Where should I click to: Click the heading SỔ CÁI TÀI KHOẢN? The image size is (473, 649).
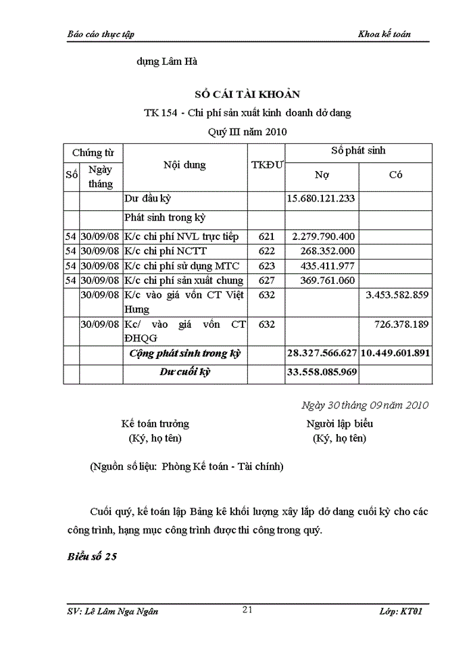click(x=247, y=95)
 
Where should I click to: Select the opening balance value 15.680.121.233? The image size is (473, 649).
click(x=322, y=199)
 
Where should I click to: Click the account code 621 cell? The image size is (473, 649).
click(x=267, y=237)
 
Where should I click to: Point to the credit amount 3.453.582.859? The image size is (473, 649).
click(x=396, y=295)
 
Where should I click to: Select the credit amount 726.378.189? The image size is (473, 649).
click(x=401, y=324)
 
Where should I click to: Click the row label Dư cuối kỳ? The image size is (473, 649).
click(x=185, y=372)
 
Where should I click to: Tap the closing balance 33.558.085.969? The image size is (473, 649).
click(x=322, y=372)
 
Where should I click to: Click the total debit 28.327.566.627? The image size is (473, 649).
click(x=322, y=354)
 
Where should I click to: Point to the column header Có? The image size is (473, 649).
click(x=396, y=175)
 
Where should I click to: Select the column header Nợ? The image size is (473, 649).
click(x=322, y=175)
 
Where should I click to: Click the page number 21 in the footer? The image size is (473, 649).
click(x=247, y=610)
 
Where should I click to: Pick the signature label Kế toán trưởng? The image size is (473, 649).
click(x=155, y=424)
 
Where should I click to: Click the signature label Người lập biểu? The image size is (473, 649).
click(x=339, y=424)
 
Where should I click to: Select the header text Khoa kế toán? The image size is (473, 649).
click(x=384, y=34)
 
